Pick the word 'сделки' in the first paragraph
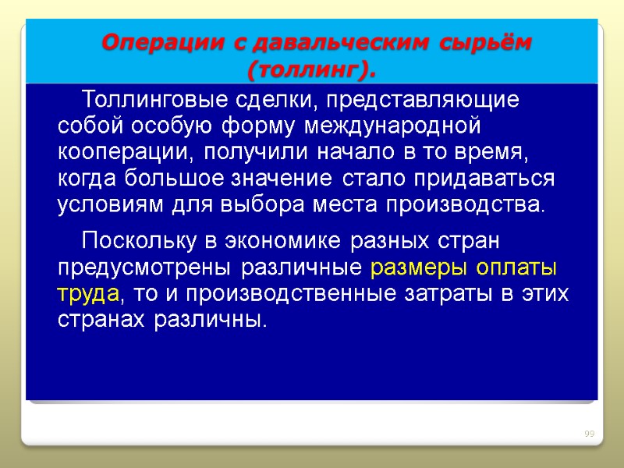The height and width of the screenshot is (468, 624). tap(274, 101)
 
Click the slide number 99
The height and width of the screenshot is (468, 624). tap(590, 434)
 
